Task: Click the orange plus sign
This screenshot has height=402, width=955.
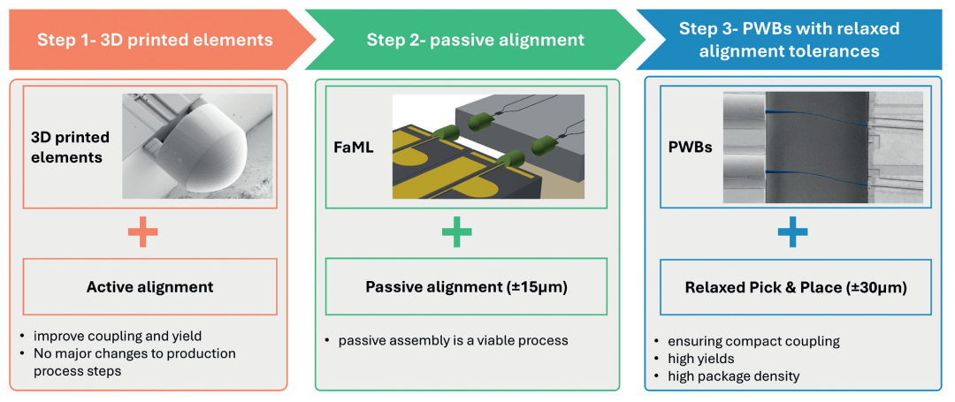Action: [143, 233]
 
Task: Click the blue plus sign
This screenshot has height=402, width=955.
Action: [791, 233]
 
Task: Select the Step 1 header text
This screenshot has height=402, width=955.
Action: [155, 39]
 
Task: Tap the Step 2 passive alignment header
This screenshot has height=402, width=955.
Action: [475, 39]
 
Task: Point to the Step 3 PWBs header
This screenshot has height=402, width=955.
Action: [789, 40]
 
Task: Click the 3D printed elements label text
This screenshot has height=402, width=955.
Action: [71, 147]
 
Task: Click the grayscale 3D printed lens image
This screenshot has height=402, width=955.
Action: [196, 147]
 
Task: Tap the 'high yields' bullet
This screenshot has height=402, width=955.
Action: [706, 359]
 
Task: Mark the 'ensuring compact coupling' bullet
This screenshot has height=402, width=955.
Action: [748, 341]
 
